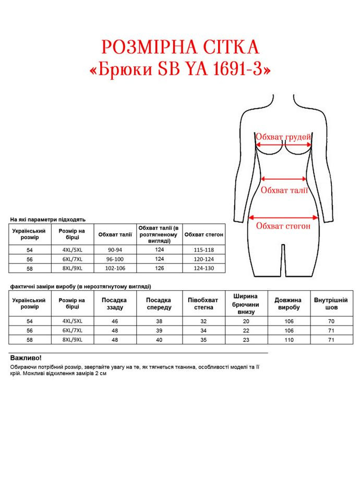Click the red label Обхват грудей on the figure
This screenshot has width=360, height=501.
[x=283, y=137]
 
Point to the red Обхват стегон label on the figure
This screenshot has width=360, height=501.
[x=283, y=226]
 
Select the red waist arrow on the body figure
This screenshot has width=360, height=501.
[x=284, y=178]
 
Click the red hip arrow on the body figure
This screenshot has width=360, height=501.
[x=283, y=217]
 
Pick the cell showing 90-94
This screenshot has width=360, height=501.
[x=115, y=249]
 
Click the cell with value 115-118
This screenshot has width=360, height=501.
[x=204, y=249]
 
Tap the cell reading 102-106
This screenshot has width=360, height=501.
[x=115, y=268]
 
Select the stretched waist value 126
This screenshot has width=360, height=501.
[x=159, y=268]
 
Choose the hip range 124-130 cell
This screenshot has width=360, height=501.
[x=204, y=268]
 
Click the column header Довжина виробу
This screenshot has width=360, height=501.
[x=288, y=304]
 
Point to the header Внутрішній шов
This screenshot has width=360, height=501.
[x=331, y=304]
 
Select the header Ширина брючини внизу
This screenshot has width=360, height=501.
[x=246, y=304]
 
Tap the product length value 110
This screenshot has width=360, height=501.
[x=288, y=340]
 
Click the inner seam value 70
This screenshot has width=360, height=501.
[x=331, y=321]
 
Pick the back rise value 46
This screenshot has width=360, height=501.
[x=115, y=321]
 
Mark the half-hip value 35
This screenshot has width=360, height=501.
[x=203, y=340]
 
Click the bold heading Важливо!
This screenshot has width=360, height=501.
[x=26, y=359]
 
